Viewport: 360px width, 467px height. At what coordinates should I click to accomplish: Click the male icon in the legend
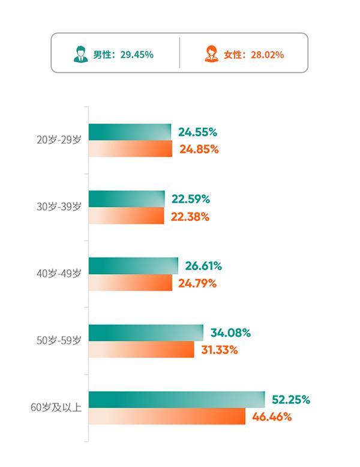[80, 54]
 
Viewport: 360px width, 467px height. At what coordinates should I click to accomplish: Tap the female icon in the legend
[212, 54]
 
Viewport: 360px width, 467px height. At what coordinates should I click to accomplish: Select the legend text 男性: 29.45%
[123, 55]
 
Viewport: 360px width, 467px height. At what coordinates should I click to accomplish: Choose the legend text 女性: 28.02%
[254, 55]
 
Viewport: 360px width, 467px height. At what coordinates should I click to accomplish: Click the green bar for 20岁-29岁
[130, 132]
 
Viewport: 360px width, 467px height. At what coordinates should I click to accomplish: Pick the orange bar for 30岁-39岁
[126, 216]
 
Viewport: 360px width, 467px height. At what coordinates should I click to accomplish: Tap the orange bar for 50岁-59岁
[141, 350]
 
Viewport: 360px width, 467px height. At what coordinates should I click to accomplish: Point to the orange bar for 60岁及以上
[167, 416]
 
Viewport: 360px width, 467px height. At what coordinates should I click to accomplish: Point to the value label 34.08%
[230, 333]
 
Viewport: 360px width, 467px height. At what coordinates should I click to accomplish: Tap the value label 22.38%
[190, 217]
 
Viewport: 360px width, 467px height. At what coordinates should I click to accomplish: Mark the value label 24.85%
[198, 149]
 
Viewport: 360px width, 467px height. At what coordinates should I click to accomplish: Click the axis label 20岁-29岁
[58, 140]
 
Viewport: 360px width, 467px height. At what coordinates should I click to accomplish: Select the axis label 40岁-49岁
[58, 274]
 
